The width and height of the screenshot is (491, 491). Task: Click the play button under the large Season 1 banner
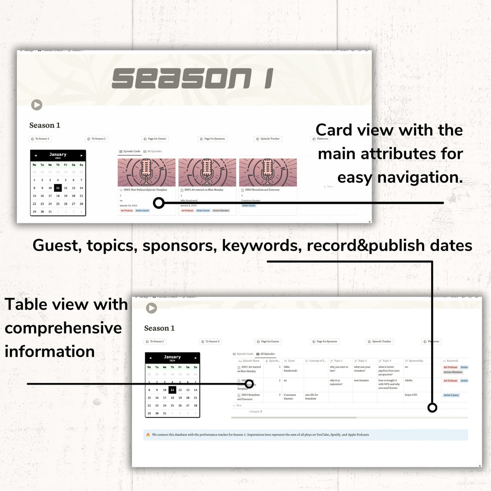[37, 105]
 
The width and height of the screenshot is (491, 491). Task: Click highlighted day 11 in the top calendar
[58, 188]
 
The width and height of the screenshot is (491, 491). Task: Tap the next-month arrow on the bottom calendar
[196, 358]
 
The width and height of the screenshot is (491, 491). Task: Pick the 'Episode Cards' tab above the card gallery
[130, 152]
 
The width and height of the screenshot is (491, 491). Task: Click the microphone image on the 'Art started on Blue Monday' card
[207, 172]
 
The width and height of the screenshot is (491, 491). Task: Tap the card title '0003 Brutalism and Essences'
[262, 190]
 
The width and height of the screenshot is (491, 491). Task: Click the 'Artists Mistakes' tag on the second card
[221, 211]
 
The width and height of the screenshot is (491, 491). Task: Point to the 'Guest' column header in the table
[291, 361]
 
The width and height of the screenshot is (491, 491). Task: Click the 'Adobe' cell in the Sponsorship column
[409, 381]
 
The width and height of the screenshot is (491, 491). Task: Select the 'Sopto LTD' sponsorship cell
[411, 395]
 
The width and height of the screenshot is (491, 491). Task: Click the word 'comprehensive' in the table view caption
[63, 328]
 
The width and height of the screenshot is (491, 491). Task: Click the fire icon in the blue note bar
[148, 435]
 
